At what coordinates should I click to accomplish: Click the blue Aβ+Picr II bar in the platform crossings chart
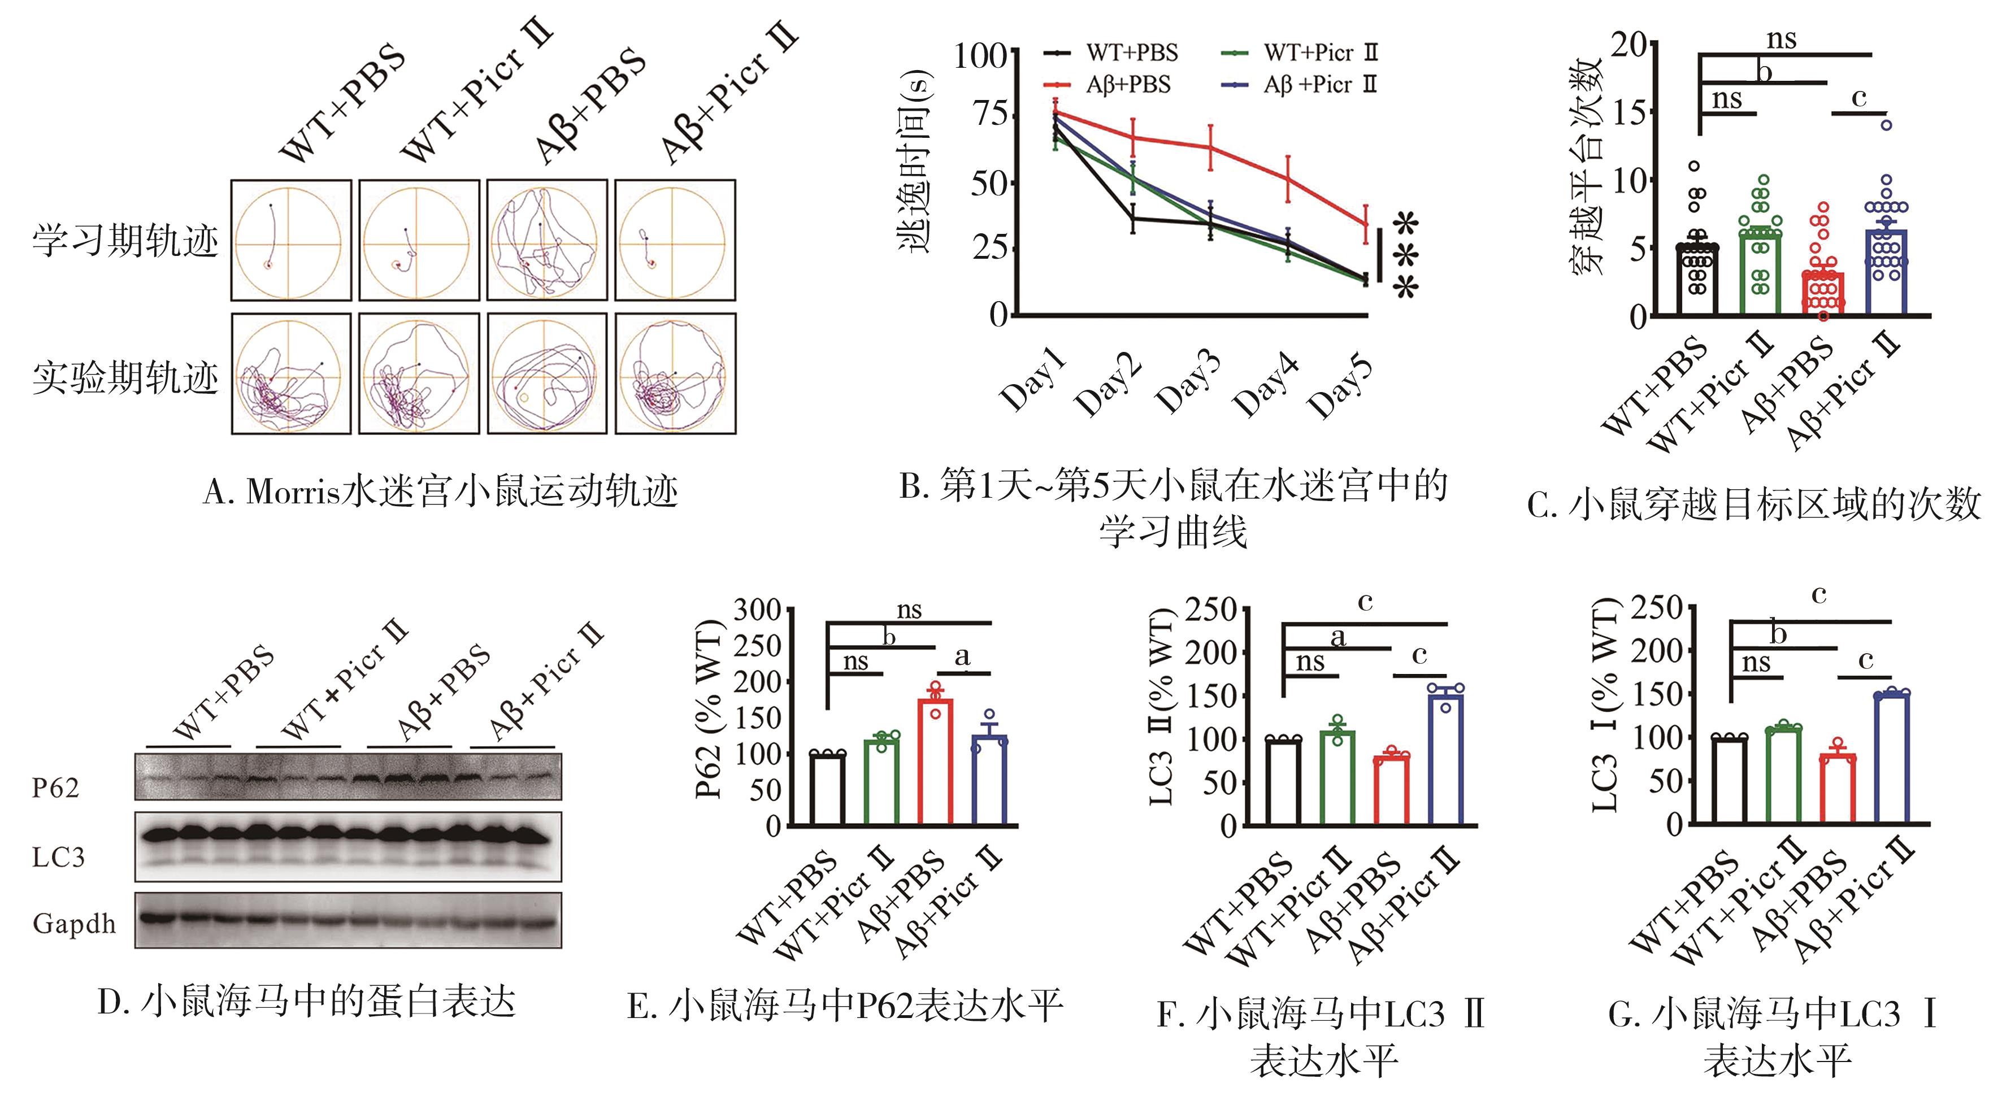[1886, 272]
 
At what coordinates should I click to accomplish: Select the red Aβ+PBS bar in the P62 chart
[935, 762]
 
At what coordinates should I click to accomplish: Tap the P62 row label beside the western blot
[55, 788]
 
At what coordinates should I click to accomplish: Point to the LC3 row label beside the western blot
[58, 857]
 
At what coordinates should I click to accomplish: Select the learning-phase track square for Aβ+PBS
[546, 240]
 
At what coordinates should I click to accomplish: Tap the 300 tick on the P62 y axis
[758, 610]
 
